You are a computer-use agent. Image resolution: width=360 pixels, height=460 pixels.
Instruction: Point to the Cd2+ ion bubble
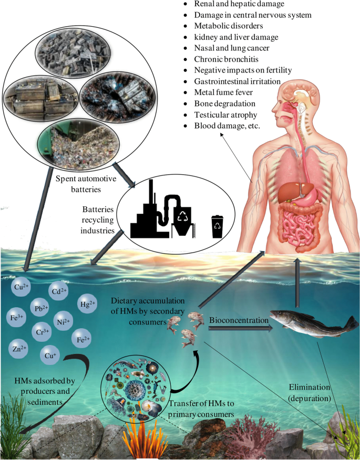pos(58,290)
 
